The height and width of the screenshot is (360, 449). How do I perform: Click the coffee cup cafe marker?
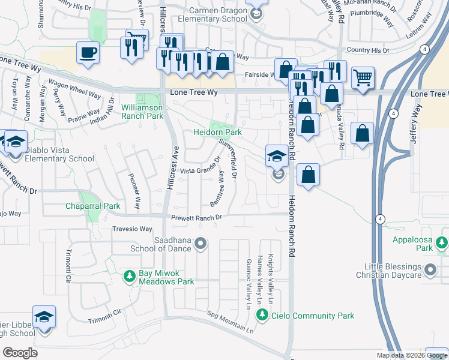[88, 52]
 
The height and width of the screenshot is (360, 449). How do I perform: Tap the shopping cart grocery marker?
[363, 77]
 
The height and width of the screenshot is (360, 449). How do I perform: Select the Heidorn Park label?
[217, 131]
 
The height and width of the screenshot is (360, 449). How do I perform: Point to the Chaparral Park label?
[93, 206]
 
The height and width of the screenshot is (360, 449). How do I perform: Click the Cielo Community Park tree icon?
[262, 315]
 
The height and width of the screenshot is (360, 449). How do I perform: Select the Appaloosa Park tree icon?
[442, 242]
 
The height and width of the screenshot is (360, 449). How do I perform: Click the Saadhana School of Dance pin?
[201, 244]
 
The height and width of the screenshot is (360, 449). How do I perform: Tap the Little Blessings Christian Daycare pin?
[430, 271]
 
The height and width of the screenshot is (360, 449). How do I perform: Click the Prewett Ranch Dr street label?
[197, 217]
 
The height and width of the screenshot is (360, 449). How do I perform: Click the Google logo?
[20, 352]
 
